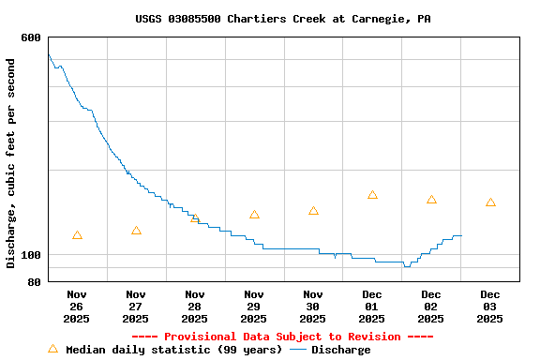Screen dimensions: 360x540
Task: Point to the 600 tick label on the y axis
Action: (x=31, y=37)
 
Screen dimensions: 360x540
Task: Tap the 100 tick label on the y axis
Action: (x=31, y=255)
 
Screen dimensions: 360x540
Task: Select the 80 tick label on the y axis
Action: (x=35, y=282)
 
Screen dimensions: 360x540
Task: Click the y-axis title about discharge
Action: (x=11, y=163)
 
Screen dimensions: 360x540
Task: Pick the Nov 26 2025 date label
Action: (x=77, y=307)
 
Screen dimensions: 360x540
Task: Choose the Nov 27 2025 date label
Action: (x=136, y=307)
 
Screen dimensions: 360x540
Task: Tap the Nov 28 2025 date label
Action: (x=195, y=307)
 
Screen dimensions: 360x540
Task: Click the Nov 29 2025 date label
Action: (x=254, y=307)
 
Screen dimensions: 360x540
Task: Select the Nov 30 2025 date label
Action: (x=313, y=307)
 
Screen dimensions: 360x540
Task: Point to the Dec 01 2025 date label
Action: (x=372, y=307)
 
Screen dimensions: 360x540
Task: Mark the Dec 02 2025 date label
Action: (x=431, y=307)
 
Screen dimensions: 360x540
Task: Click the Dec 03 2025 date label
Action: (x=490, y=307)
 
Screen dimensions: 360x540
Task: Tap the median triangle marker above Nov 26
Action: (x=77, y=235)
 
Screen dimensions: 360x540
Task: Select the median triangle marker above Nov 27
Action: (x=136, y=231)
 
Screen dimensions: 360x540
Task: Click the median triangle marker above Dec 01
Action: (x=372, y=195)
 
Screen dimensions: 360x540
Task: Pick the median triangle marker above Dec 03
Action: (x=490, y=202)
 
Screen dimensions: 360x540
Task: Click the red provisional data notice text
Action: (x=282, y=337)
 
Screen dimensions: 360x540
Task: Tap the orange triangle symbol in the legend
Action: (x=52, y=349)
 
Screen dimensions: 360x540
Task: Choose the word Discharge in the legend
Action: (x=340, y=350)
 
